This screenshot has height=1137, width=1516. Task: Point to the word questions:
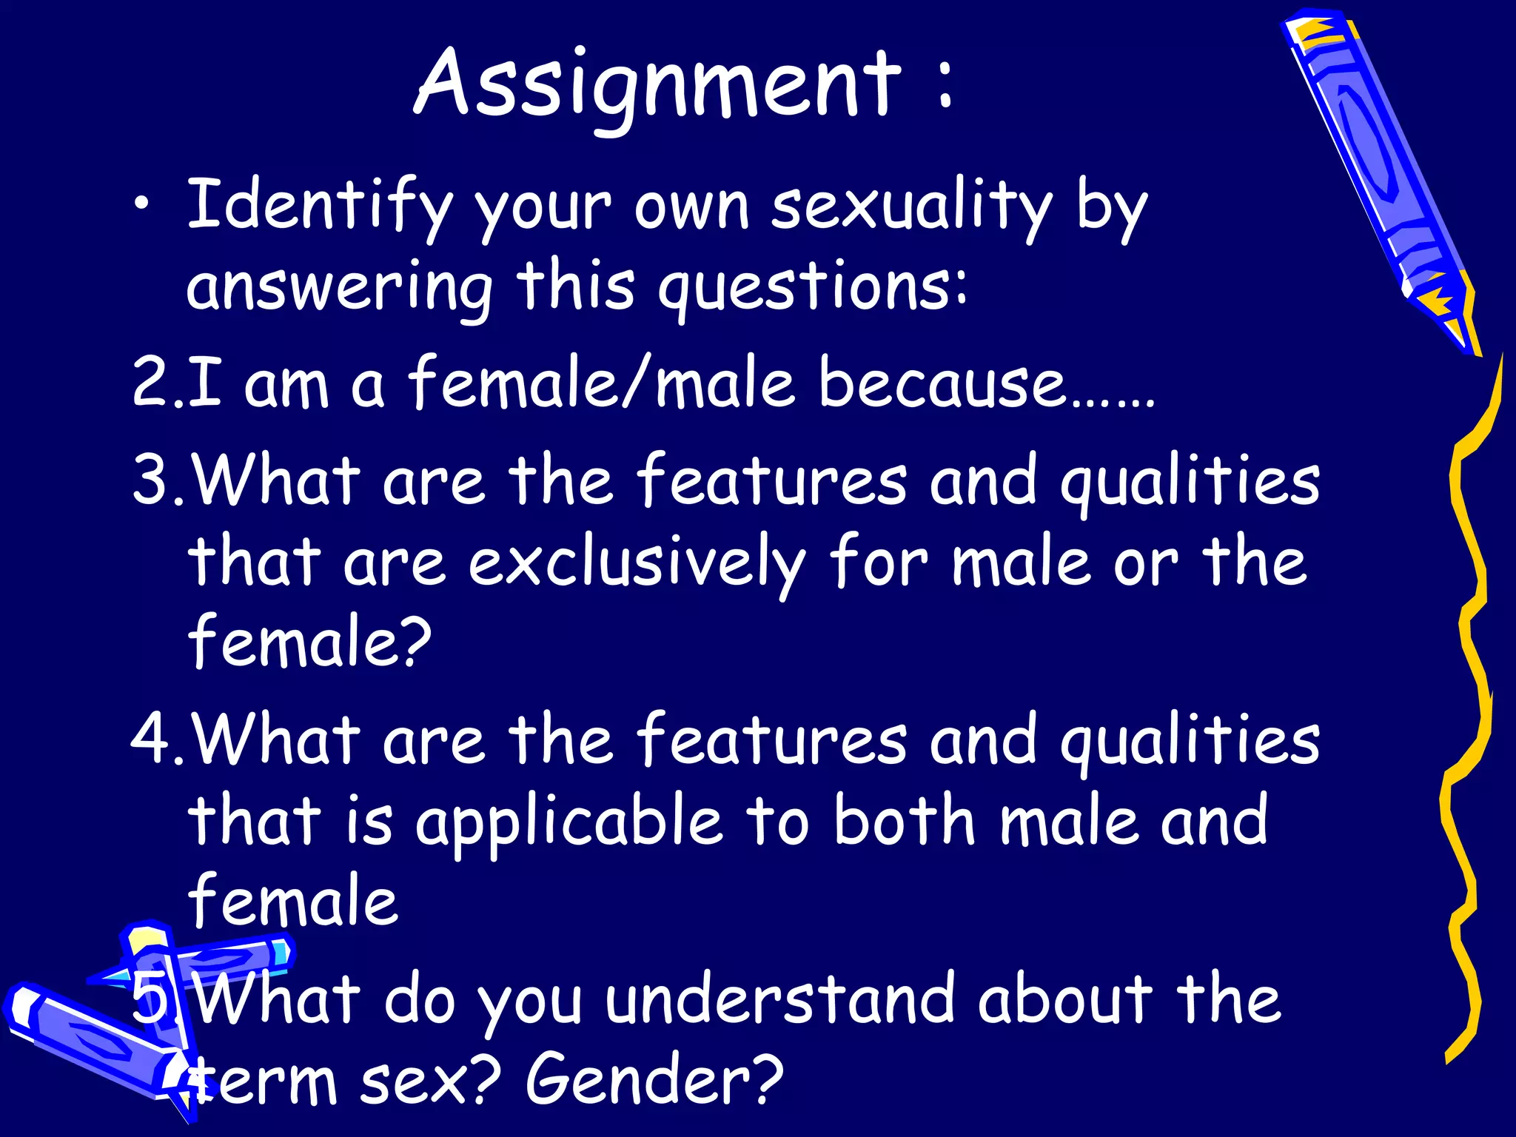tap(812, 288)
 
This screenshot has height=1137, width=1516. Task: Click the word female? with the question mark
tap(309, 641)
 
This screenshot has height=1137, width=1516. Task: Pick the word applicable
tap(568, 823)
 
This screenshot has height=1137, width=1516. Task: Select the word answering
tap(339, 288)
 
